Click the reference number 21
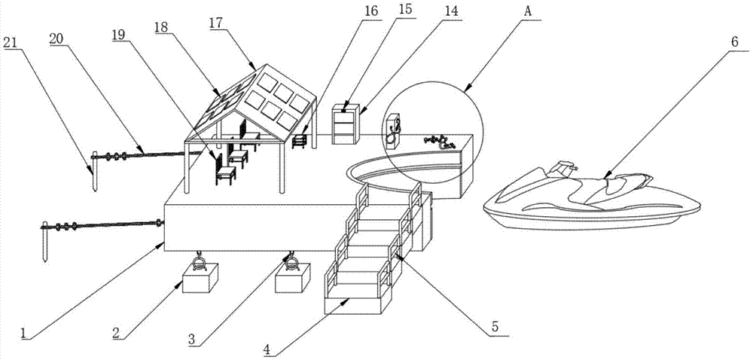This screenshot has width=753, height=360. [x=11, y=42]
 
